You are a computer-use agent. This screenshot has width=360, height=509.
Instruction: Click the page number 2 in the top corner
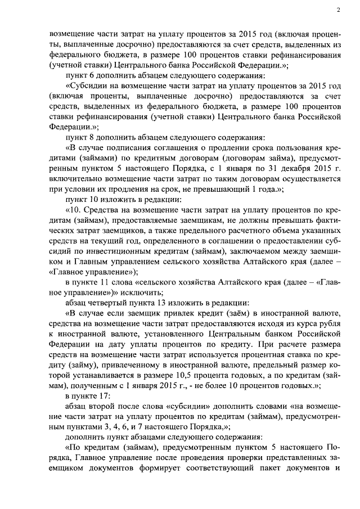pyautogui.click(x=339, y=10)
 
